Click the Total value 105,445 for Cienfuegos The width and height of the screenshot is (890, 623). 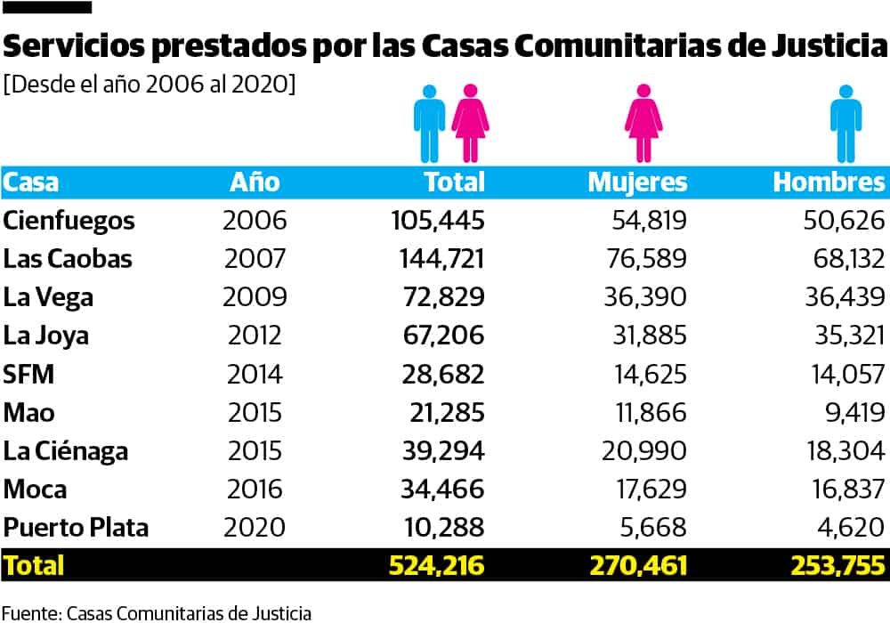(x=438, y=221)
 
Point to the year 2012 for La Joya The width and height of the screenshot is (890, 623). (x=255, y=336)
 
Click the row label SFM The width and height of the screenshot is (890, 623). (x=29, y=375)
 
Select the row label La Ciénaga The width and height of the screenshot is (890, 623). (x=66, y=451)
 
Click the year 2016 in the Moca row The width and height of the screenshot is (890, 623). (x=255, y=489)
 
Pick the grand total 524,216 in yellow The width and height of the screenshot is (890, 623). (x=437, y=565)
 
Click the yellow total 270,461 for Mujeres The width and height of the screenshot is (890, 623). (x=638, y=565)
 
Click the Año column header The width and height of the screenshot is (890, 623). (x=255, y=182)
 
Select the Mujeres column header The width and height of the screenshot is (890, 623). (x=637, y=182)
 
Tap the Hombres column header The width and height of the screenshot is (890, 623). (x=829, y=182)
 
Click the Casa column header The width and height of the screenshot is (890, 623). (x=31, y=182)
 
